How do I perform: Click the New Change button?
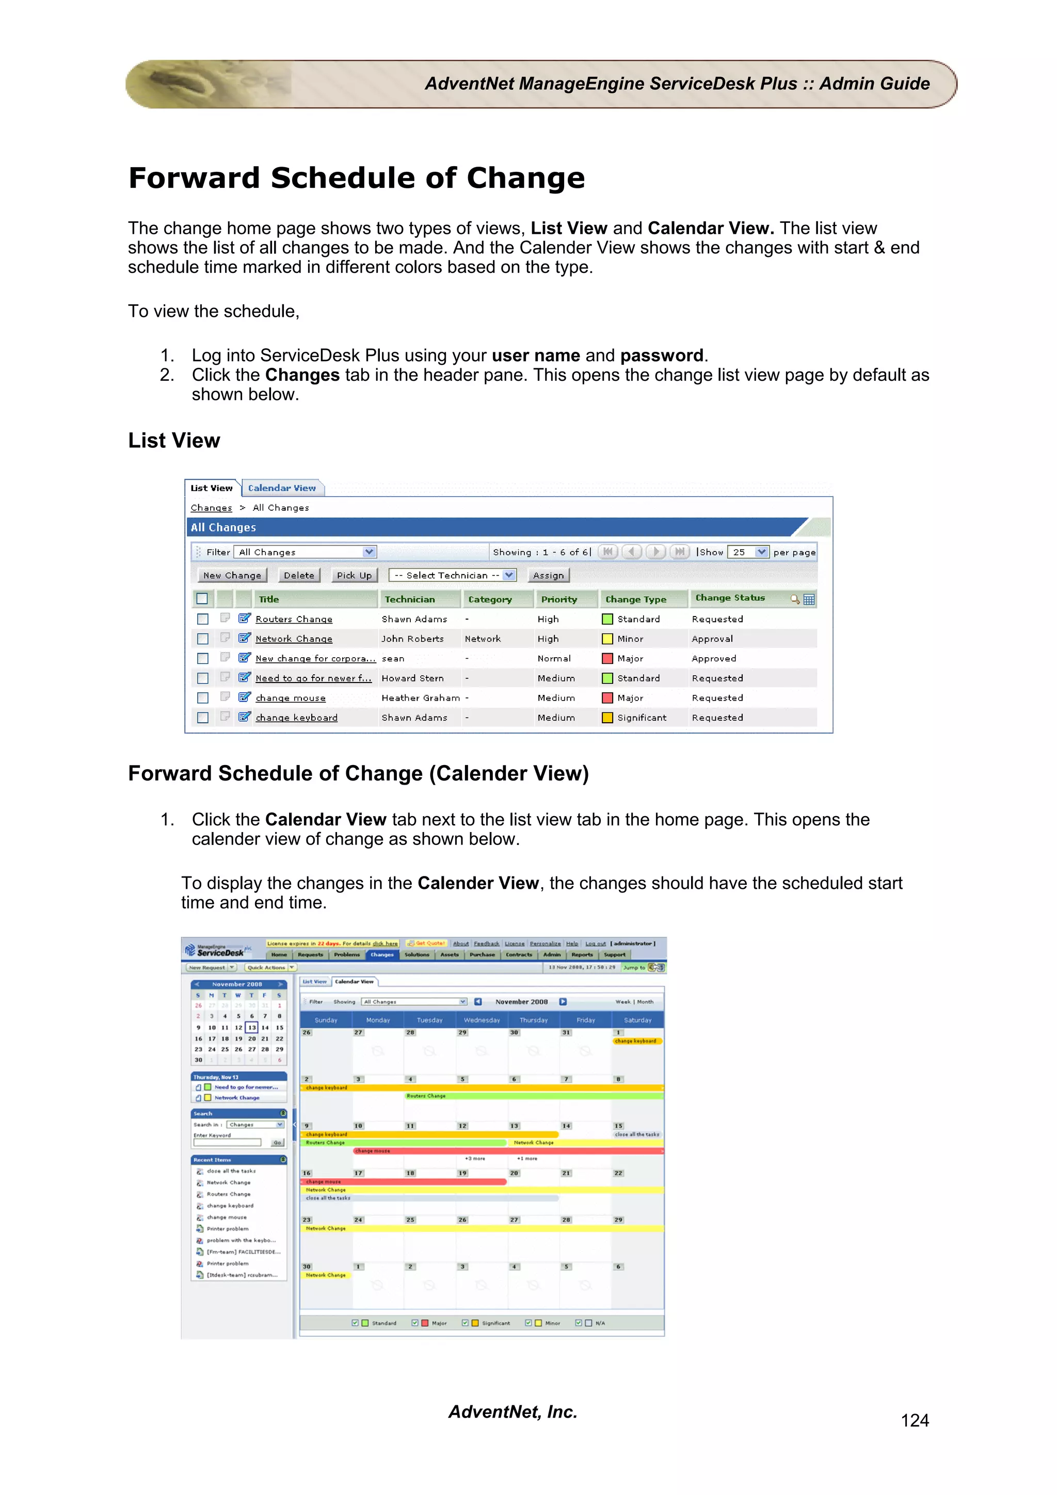(232, 575)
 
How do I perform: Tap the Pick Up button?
(354, 575)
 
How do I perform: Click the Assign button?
(548, 575)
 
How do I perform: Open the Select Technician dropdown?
(453, 575)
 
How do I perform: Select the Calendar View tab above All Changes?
(281, 488)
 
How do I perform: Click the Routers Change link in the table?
(294, 619)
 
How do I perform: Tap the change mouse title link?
(291, 698)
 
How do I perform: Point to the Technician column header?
(410, 599)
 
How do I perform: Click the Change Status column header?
(730, 598)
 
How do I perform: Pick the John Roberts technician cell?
(412, 639)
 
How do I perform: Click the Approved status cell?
(714, 658)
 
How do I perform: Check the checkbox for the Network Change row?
(202, 639)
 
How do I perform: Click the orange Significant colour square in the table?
(607, 718)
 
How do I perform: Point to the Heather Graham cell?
(420, 698)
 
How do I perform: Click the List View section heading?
(174, 441)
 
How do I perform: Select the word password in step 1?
(661, 355)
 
